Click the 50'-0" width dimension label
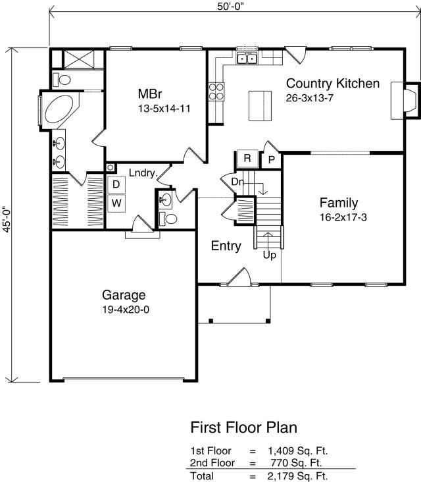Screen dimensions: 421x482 [230, 7]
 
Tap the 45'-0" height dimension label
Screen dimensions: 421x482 [7, 219]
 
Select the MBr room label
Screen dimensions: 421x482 [150, 94]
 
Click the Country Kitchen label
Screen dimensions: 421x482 [333, 84]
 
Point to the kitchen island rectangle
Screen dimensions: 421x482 [260, 106]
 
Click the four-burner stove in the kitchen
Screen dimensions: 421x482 [216, 92]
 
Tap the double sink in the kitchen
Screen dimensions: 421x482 [247, 58]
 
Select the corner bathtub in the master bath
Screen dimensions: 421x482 [60, 109]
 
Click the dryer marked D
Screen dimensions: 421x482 [116, 184]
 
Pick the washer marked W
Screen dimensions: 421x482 [116, 203]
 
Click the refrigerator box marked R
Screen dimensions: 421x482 [247, 158]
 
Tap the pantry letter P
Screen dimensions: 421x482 [272, 160]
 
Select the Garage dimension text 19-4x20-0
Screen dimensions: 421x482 [126, 309]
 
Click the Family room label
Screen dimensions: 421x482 [339, 203]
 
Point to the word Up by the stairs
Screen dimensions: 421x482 [269, 255]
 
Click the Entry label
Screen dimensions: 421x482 [226, 246]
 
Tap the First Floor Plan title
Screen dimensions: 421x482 [244, 427]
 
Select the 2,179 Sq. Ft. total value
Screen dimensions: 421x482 [297, 476]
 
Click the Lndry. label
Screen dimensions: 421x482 [143, 173]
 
